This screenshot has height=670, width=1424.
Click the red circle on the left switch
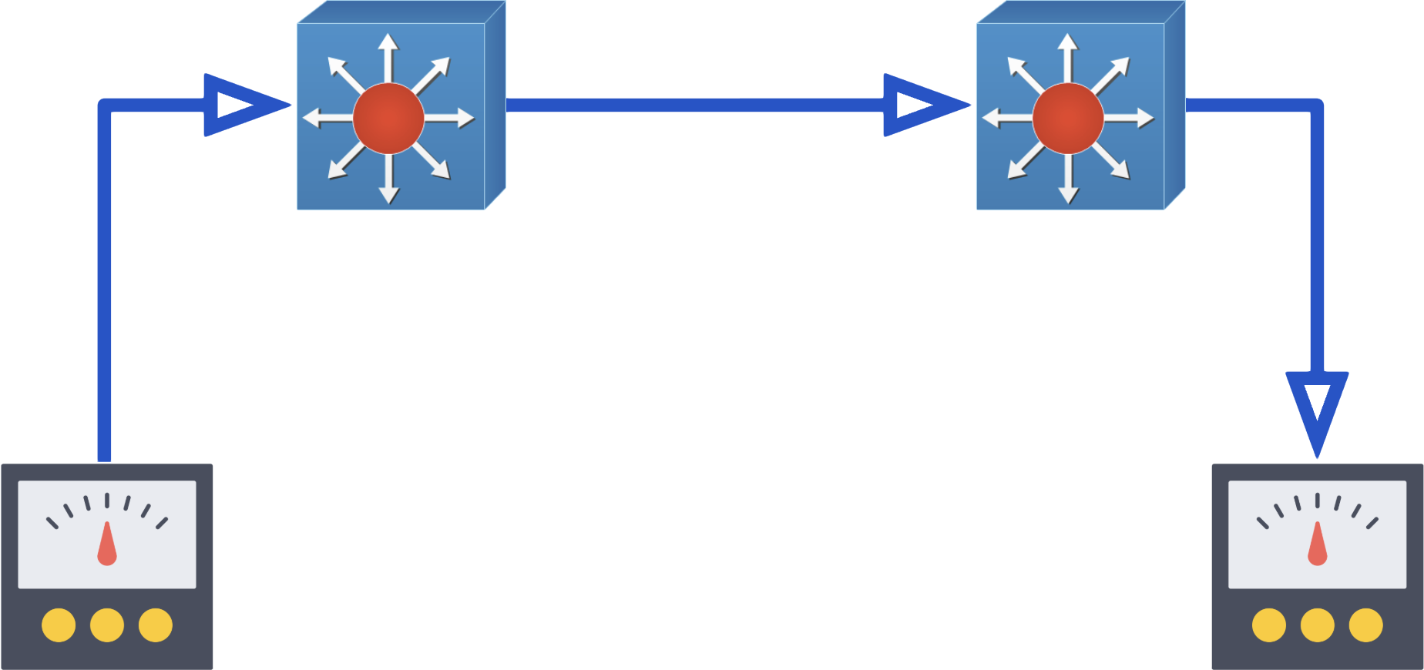pyautogui.click(x=388, y=119)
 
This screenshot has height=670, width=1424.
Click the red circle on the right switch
pyautogui.click(x=1067, y=119)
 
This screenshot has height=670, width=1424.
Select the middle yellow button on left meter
pyautogui.click(x=107, y=625)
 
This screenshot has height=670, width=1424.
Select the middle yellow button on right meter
pyautogui.click(x=1318, y=625)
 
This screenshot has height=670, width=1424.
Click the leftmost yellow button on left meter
pyautogui.click(x=59, y=625)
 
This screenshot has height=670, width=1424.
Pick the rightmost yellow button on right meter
pyautogui.click(x=1366, y=625)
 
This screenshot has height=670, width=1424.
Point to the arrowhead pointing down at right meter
pyautogui.click(x=1318, y=408)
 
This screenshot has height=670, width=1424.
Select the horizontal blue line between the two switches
pyautogui.click(x=694, y=105)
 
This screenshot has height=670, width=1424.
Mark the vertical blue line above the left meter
pyautogui.click(x=105, y=293)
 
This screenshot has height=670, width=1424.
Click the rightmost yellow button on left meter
pyautogui.click(x=156, y=625)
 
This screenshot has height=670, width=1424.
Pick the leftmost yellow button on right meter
pyautogui.click(x=1269, y=625)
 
